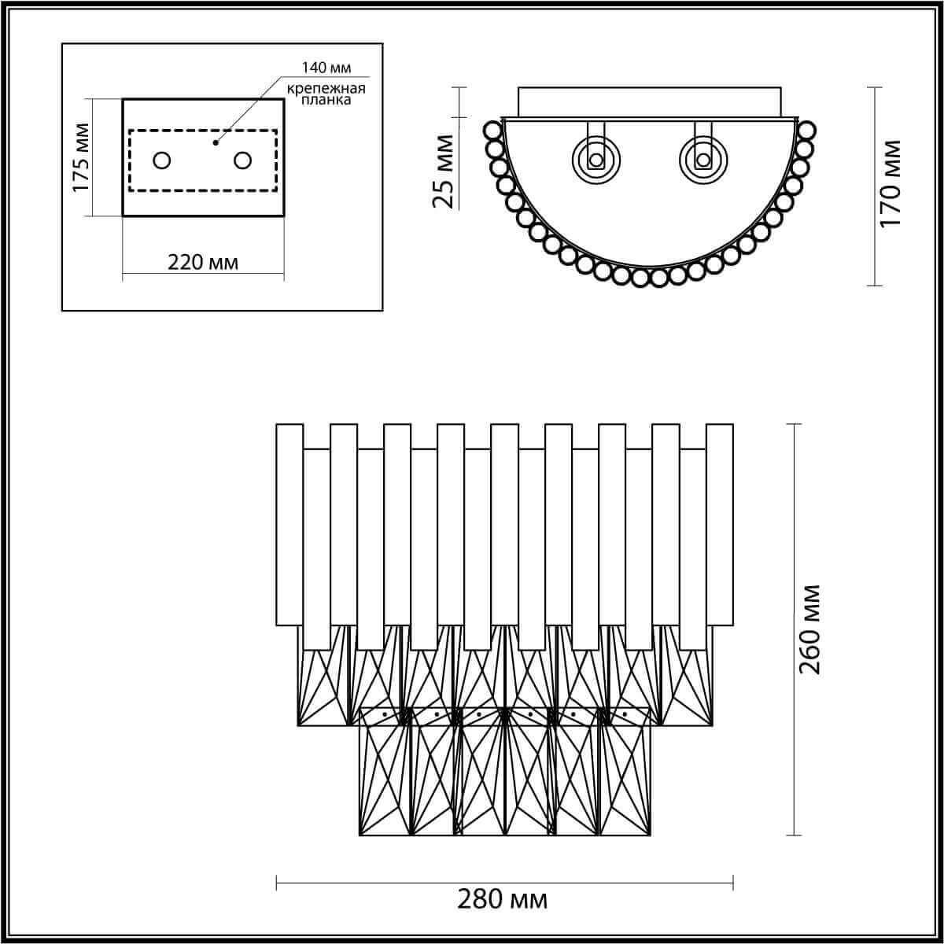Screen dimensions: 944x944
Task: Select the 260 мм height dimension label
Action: tap(809, 629)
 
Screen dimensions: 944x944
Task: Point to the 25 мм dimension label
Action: tap(444, 171)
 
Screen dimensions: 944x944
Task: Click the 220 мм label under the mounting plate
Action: tap(203, 262)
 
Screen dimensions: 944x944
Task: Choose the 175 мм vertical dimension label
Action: tap(80, 157)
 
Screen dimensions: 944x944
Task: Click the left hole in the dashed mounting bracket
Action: tap(162, 160)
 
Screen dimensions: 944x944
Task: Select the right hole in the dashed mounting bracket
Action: tap(242, 160)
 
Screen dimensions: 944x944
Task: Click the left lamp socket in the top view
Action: tap(596, 160)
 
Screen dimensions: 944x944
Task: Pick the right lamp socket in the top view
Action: tap(702, 160)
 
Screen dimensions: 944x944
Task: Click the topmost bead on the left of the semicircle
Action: tap(492, 128)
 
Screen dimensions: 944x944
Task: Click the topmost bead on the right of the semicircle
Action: tap(807, 129)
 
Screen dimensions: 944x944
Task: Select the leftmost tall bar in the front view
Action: tap(289, 525)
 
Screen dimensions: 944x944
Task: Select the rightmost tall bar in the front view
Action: tap(719, 525)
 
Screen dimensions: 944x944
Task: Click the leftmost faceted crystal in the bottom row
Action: tap(385, 771)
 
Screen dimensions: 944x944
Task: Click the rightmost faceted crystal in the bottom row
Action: tap(625, 771)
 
